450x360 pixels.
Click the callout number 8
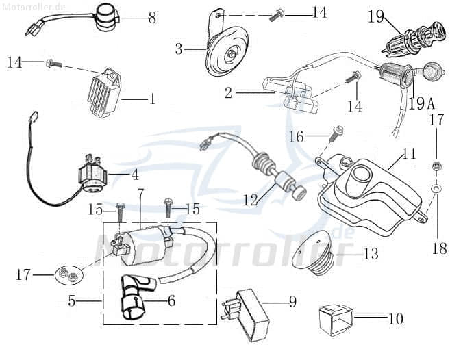coord(152,17)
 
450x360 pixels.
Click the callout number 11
coord(409,155)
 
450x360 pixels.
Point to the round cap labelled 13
coord(313,252)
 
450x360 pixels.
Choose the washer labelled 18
coord(436,186)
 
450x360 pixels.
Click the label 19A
coord(422,104)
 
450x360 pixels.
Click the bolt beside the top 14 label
coord(280,13)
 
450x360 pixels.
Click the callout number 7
coord(140,193)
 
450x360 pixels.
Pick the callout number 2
coord(229,93)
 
